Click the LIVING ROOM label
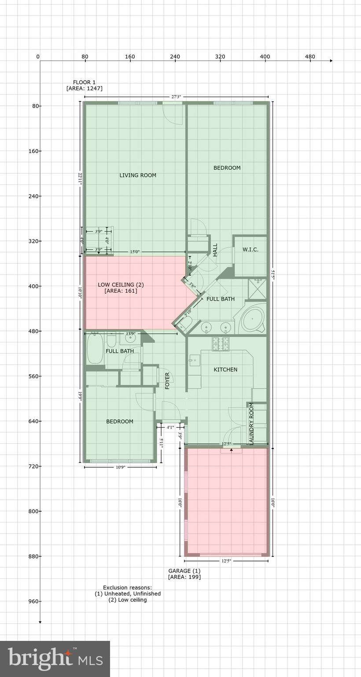(138, 175)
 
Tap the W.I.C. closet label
(250, 250)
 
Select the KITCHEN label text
(225, 370)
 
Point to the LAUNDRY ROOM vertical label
(251, 423)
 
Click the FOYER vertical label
(167, 381)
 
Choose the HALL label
(215, 250)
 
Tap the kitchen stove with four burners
(221, 344)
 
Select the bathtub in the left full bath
(94, 349)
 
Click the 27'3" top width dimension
(176, 97)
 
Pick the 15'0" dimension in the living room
(135, 252)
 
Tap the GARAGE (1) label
(184, 571)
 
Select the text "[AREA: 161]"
(121, 291)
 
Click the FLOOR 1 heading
(84, 82)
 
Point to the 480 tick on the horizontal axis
(310, 56)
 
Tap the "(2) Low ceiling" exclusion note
(128, 600)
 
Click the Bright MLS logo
(55, 658)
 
